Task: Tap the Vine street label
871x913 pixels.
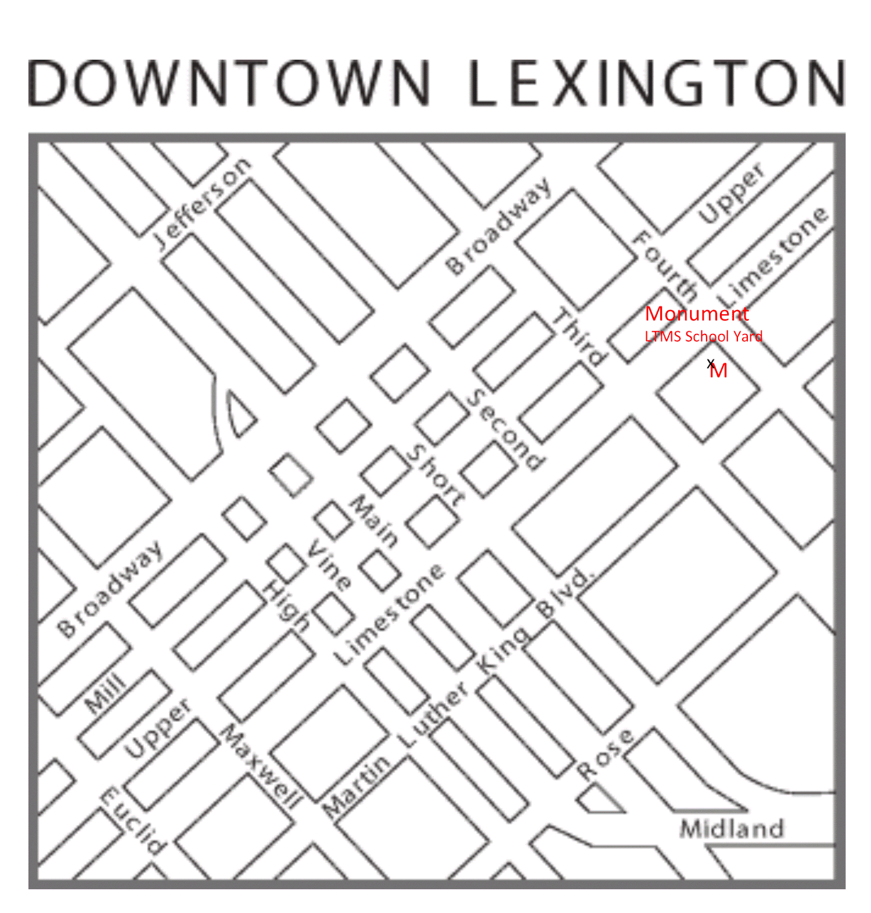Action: (x=329, y=565)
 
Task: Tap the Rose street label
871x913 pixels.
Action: (x=605, y=754)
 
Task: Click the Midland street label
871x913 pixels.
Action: (x=732, y=828)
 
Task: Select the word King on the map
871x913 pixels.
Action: (x=503, y=649)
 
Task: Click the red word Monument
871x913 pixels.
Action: (x=697, y=314)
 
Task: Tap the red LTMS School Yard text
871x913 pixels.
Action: (x=703, y=336)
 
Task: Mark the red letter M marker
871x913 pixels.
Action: (x=719, y=371)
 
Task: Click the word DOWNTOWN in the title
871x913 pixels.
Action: (x=230, y=83)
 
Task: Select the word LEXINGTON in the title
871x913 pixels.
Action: (x=656, y=83)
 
